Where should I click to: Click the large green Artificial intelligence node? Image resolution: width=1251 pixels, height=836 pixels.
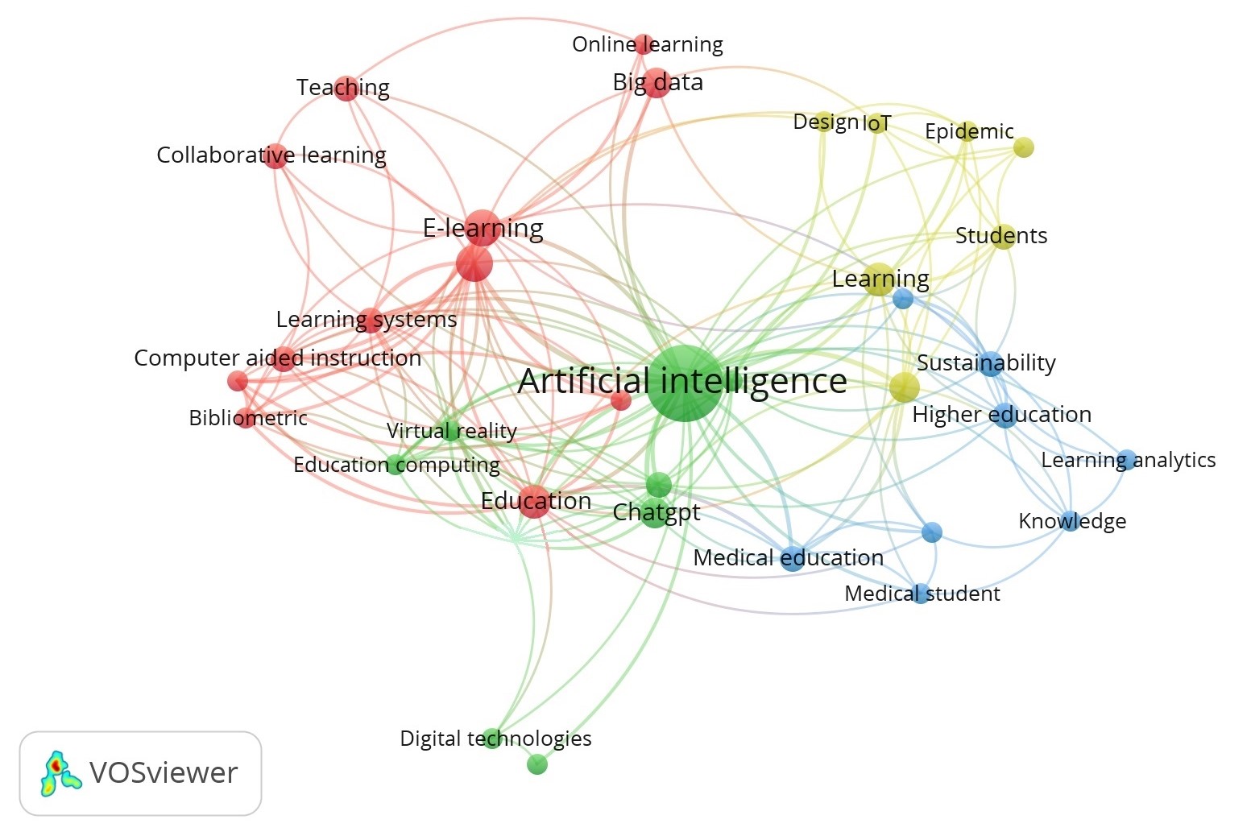[684, 383]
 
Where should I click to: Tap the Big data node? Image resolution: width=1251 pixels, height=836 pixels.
[657, 83]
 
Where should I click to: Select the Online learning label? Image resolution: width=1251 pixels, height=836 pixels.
[647, 44]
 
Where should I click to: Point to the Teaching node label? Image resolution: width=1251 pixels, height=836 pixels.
[342, 87]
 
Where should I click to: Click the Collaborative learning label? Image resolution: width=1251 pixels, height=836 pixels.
[271, 155]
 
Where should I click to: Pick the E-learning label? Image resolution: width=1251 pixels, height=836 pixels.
[483, 229]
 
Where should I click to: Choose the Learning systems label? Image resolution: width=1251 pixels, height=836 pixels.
[367, 320]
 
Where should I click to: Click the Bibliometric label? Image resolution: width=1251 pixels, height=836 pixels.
[248, 418]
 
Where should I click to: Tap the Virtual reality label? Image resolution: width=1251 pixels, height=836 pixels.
[451, 431]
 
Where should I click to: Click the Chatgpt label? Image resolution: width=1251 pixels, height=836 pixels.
[657, 512]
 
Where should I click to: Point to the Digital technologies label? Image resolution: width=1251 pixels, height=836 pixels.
[495, 739]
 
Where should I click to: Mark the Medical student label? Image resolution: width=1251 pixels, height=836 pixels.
[922, 594]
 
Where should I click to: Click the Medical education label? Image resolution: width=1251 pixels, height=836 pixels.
[788, 557]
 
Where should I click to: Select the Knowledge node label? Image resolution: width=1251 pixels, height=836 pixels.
[1072, 521]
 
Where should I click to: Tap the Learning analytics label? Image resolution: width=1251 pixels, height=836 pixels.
[1128, 460]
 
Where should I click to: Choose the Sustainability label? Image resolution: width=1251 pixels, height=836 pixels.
[986, 363]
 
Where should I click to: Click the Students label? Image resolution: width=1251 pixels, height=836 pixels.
[1001, 236]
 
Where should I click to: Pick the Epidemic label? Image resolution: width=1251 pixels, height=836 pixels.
[969, 131]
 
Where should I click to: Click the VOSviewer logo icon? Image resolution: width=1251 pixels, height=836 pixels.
[60, 773]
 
